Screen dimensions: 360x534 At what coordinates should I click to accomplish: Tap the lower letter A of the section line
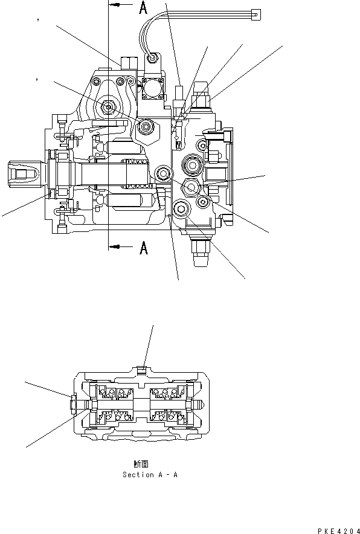pyautogui.click(x=144, y=248)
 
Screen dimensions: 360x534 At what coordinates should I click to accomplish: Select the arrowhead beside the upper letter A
pyautogui.click(x=116, y=5)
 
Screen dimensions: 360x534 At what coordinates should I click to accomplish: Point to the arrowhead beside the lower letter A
pyautogui.click(x=116, y=246)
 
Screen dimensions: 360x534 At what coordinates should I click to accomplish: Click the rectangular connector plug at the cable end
pyautogui.click(x=255, y=14)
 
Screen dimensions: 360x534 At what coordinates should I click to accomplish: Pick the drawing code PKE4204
pyautogui.click(x=338, y=530)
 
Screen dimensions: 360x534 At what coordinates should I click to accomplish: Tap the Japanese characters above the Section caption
pyautogui.click(x=141, y=464)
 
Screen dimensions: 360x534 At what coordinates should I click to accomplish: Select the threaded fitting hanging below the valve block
pyautogui.click(x=201, y=251)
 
